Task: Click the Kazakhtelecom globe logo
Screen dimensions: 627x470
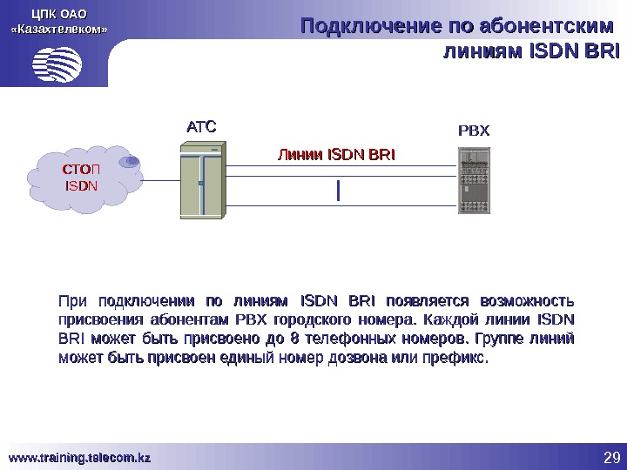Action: point(57,64)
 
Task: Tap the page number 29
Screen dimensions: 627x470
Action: point(610,459)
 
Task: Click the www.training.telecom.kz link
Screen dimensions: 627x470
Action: point(79,458)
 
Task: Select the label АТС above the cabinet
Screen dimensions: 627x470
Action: point(201,128)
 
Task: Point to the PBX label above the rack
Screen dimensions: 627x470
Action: point(475,131)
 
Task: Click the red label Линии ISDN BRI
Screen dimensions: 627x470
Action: point(336,156)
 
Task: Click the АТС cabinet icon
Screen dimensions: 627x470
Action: point(201,180)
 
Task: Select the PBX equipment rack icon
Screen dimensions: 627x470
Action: point(474,180)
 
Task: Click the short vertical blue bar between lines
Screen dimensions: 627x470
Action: point(337,189)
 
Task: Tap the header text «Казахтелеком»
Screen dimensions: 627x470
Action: point(58,30)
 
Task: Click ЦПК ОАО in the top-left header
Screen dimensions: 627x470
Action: point(59,13)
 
